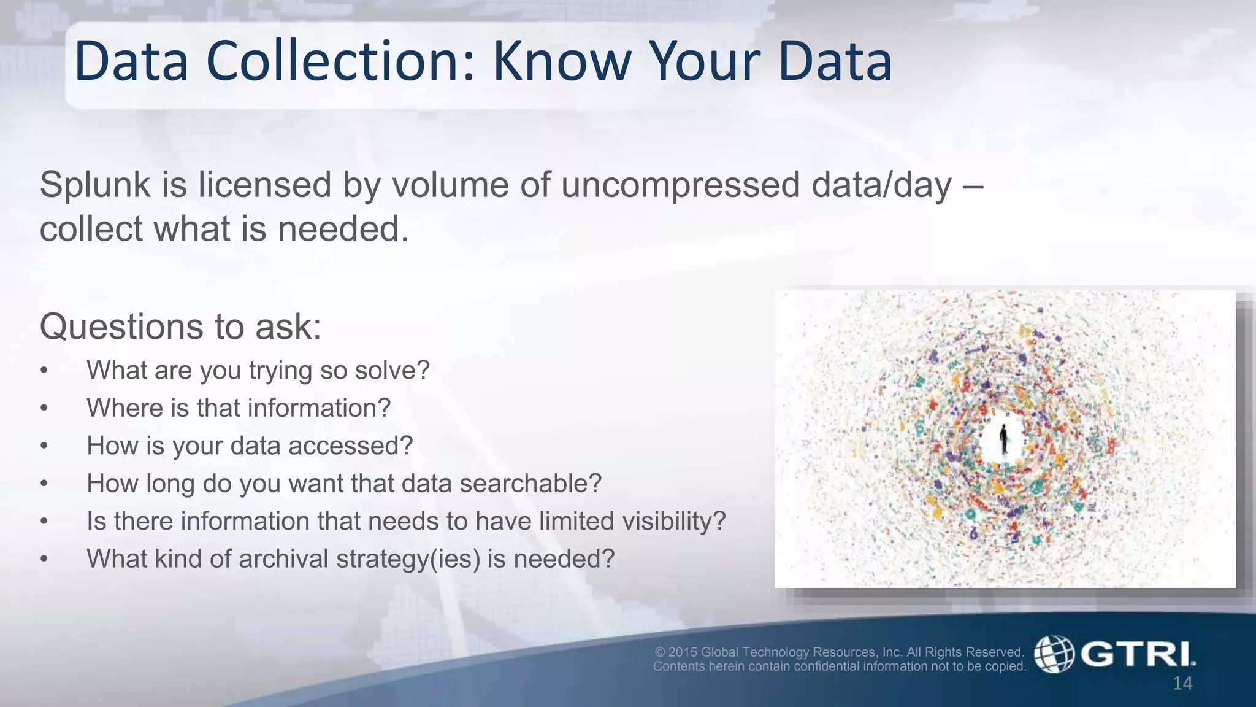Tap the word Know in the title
[562, 61]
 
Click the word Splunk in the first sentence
[95, 185]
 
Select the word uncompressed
[680, 185]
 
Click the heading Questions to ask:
[180, 326]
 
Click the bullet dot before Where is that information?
[44, 409]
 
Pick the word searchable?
[530, 484]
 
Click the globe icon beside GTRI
[1054, 654]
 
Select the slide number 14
[1182, 684]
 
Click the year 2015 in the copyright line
[683, 652]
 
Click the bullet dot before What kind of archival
[44, 560]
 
